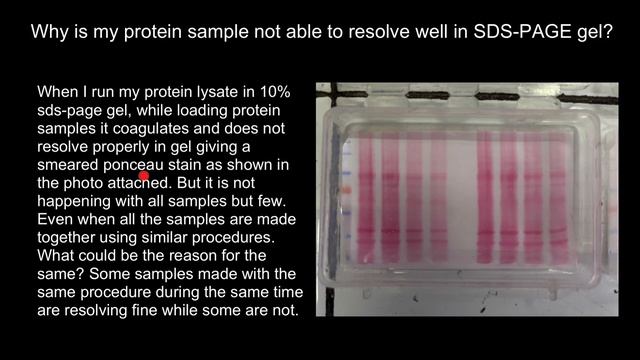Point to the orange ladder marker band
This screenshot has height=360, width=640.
tap(346, 187)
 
